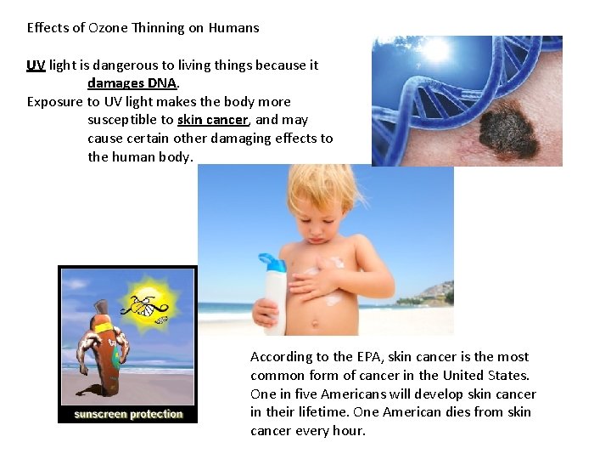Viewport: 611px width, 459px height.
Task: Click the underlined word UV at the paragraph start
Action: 36,65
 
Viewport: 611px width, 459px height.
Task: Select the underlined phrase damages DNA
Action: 132,83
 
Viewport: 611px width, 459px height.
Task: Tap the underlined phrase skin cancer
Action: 212,120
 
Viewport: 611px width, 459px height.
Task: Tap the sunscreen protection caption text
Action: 128,415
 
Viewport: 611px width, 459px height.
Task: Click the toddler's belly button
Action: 327,320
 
